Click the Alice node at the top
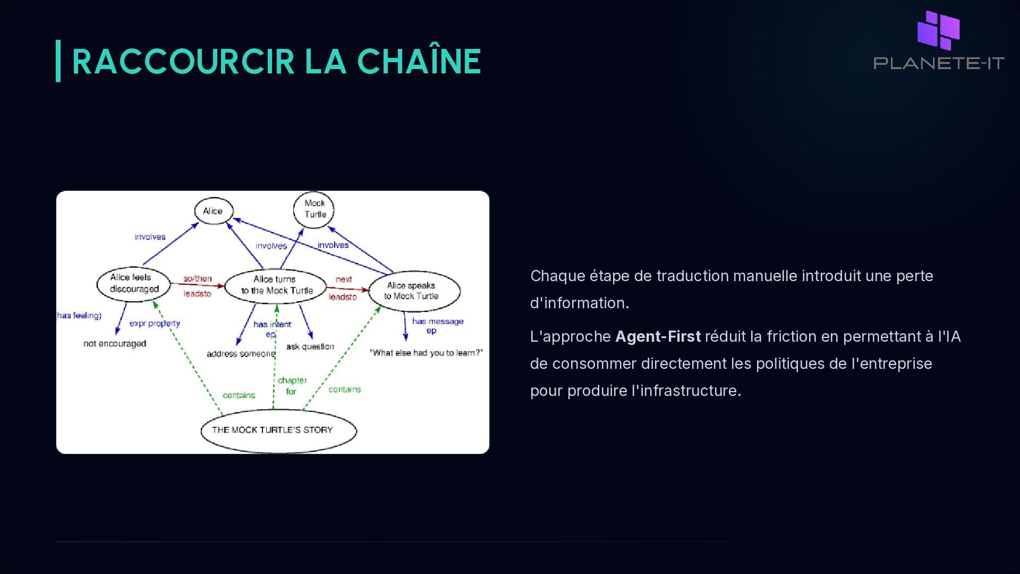(x=214, y=211)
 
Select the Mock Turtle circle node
(x=314, y=209)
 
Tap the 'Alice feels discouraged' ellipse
(x=133, y=284)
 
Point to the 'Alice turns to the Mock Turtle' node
(x=276, y=285)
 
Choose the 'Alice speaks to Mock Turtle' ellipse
(x=414, y=291)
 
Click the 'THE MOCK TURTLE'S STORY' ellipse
(x=278, y=430)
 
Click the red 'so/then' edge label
(x=198, y=278)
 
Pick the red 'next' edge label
(x=344, y=280)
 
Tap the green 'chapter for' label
(x=292, y=386)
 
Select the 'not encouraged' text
(x=115, y=344)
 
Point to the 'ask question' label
(x=310, y=347)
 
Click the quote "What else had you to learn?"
(x=426, y=353)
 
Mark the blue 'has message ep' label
(x=437, y=325)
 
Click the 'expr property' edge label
(x=155, y=323)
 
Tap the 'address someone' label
(x=241, y=354)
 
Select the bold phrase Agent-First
(x=658, y=336)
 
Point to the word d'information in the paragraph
(x=579, y=303)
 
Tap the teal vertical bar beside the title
(x=58, y=61)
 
